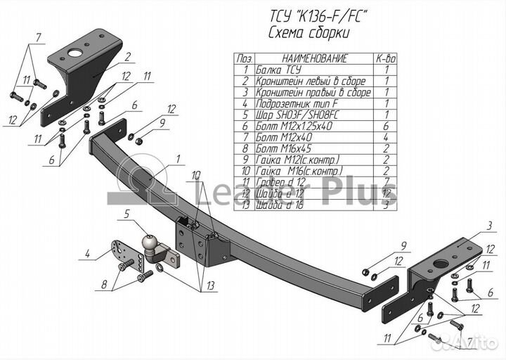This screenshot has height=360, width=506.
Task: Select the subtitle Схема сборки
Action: (309, 33)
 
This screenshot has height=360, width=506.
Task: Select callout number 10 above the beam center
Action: (194, 174)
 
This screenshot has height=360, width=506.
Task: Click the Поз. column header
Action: (245, 60)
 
